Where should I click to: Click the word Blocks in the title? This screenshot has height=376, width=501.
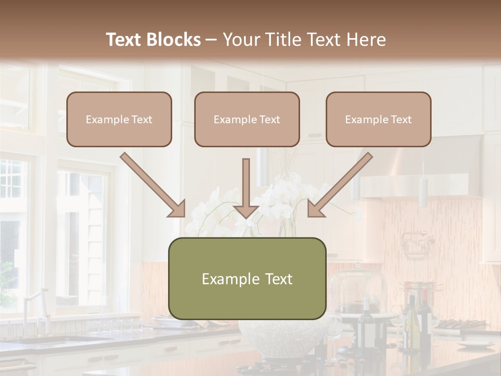coord(174,40)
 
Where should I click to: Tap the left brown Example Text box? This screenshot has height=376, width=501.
coord(119,119)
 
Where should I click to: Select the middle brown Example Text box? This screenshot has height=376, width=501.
coord(247,119)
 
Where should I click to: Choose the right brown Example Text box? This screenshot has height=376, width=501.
coord(378,119)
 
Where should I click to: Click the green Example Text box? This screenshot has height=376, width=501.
coord(247,278)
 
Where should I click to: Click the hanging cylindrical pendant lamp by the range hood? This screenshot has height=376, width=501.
coord(422,192)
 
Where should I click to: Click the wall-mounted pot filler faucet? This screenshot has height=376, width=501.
coord(417,242)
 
